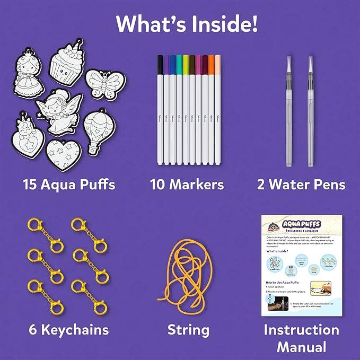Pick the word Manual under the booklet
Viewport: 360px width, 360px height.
click(302, 347)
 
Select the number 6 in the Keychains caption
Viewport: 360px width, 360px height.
click(29, 330)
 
